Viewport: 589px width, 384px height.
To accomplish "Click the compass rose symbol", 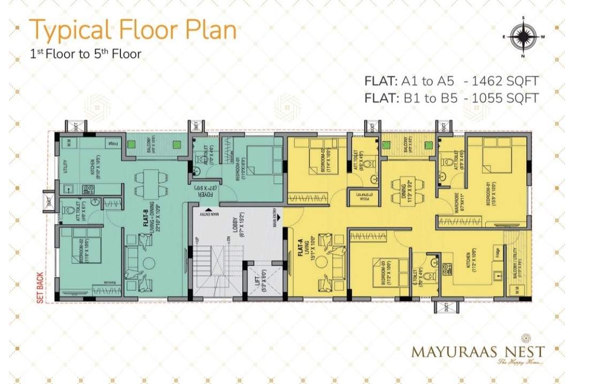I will click(x=523, y=36).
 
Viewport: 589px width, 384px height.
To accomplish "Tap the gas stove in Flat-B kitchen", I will click(x=88, y=188).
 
